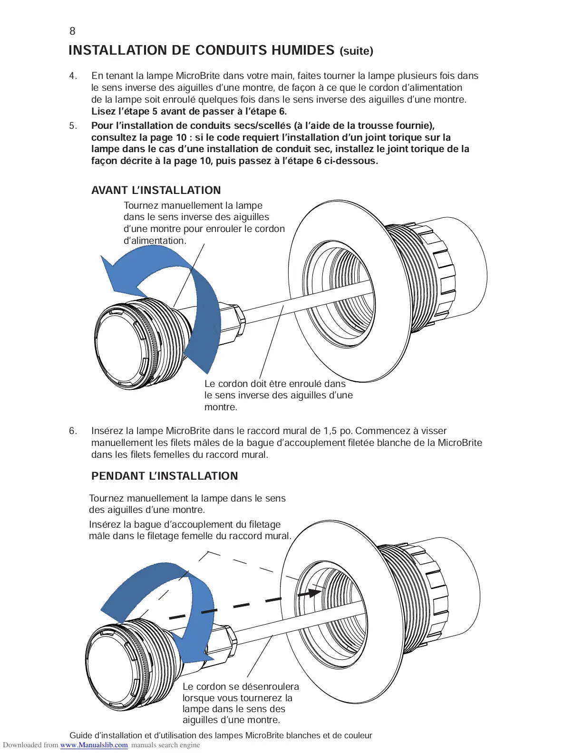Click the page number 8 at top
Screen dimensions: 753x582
click(72, 31)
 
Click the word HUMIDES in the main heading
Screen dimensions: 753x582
click(302, 50)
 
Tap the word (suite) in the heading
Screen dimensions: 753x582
click(356, 51)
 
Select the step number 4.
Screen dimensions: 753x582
click(73, 76)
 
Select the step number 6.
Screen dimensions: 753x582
click(73, 431)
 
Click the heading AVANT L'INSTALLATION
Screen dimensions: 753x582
click(156, 191)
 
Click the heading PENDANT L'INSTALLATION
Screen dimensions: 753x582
click(165, 476)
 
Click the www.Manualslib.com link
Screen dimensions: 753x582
click(94, 745)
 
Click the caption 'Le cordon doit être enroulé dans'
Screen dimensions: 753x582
click(275, 384)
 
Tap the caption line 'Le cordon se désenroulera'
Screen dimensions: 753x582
click(241, 686)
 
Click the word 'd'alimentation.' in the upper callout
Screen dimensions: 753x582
click(155, 241)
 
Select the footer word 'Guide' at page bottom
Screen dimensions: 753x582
click(81, 735)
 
